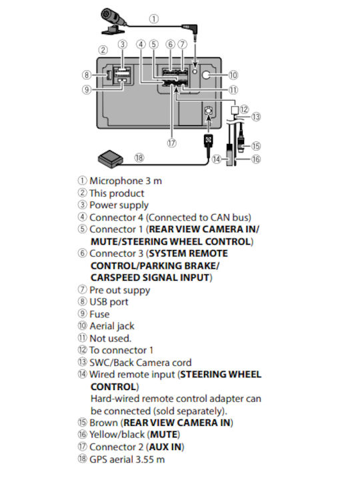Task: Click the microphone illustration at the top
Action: [x=113, y=21]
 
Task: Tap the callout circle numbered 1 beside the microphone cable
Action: [x=154, y=19]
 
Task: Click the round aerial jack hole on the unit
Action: [x=206, y=75]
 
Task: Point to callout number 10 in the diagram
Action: [x=233, y=75]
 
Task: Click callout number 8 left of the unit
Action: [x=87, y=75]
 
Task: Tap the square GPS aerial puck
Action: [x=111, y=158]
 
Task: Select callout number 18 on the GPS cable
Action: [x=139, y=157]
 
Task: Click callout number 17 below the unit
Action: [x=172, y=143]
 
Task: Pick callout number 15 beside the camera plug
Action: [x=256, y=146]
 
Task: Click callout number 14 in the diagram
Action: [x=217, y=159]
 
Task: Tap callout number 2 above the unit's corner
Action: [x=103, y=50]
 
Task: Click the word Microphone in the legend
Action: [x=116, y=181]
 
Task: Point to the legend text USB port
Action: [x=109, y=302]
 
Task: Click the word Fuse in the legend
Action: [x=99, y=314]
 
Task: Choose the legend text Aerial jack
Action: [x=112, y=326]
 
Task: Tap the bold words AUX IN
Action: [x=165, y=447]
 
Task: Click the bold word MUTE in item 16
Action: [x=164, y=435]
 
